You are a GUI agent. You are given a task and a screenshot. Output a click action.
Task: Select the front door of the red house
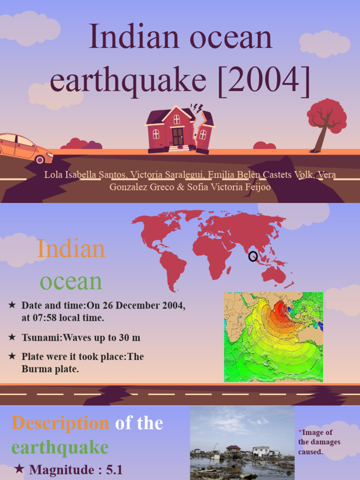point(178,136)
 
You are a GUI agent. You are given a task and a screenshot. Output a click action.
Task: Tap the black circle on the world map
point(253,256)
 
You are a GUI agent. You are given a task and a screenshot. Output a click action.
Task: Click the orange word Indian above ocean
point(71,248)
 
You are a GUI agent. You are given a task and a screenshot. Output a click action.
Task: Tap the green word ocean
point(71,281)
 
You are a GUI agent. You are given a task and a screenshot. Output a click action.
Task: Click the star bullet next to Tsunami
point(12,337)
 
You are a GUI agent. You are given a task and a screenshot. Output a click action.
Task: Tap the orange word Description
point(60,423)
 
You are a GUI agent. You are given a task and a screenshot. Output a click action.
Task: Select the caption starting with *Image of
point(319,442)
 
